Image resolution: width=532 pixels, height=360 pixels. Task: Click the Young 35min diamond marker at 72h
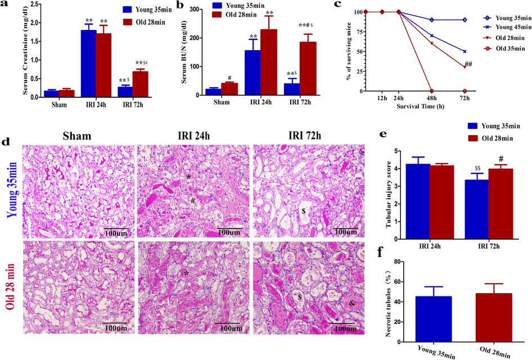tap(464, 20)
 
